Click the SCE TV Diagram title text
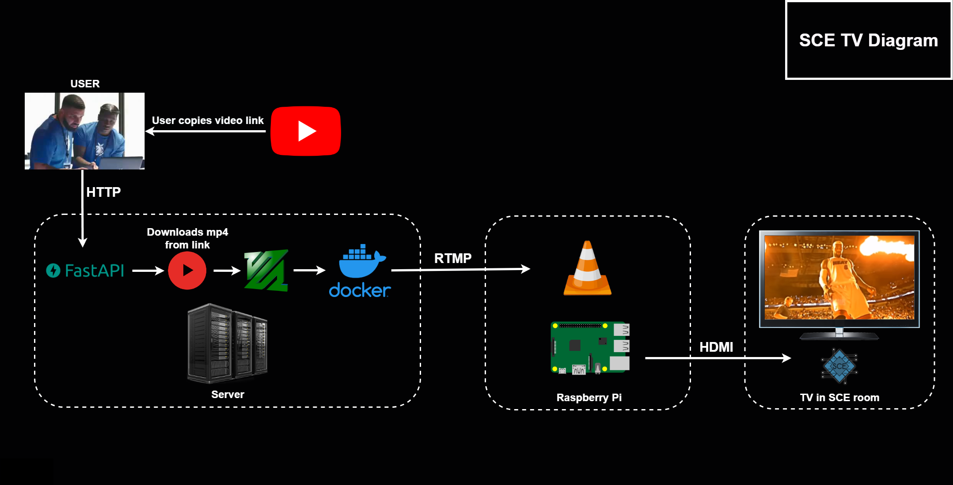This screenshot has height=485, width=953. (x=868, y=41)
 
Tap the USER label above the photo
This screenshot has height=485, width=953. (x=85, y=84)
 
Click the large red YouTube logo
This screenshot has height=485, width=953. (x=306, y=131)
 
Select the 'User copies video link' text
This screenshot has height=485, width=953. (x=208, y=120)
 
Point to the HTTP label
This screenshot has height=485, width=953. (x=103, y=192)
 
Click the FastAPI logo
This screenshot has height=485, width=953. (x=85, y=271)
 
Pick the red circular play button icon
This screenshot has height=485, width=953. (x=187, y=271)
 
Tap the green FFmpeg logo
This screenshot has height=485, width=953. (x=266, y=271)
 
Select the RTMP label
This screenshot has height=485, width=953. (x=453, y=258)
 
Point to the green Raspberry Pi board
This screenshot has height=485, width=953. (x=590, y=348)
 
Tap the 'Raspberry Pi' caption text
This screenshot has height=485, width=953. (x=589, y=398)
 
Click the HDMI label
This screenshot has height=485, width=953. (x=716, y=347)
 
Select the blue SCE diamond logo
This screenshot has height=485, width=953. (x=839, y=366)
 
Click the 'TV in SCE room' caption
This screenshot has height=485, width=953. (x=839, y=398)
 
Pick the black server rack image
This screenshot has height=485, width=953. (x=228, y=343)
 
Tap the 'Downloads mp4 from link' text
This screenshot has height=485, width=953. (x=187, y=238)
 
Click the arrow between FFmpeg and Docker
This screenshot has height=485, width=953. (x=309, y=270)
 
